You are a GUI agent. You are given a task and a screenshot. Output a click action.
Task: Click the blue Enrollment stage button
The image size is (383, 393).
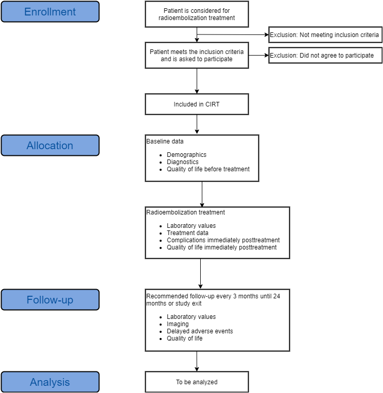50,11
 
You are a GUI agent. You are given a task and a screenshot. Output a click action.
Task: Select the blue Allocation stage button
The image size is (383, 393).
50,146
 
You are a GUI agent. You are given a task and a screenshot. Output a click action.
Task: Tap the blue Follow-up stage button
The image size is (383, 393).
50,300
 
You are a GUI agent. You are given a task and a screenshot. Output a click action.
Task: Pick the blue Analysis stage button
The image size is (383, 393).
50,382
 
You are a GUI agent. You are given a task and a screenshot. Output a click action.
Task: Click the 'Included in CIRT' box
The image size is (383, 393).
197,104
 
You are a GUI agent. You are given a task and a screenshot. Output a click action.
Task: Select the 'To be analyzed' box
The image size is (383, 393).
197,382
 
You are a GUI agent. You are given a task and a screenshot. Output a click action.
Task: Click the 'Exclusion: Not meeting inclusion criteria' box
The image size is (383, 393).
325,35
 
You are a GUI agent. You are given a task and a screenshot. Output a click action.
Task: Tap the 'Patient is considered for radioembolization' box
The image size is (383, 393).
197,14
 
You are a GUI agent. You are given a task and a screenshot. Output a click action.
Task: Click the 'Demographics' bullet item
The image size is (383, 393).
186,155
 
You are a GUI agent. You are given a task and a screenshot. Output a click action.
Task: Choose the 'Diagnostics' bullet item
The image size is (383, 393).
183,162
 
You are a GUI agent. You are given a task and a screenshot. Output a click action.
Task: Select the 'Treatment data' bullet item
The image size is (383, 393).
187,233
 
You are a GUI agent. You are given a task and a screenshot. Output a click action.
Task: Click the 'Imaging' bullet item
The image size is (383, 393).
178,324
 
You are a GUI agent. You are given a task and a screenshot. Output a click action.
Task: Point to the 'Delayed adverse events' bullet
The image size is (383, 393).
200,331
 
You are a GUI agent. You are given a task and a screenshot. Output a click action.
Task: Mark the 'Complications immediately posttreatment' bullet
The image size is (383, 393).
223,240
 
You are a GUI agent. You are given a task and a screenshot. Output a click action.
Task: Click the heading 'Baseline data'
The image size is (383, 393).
165,141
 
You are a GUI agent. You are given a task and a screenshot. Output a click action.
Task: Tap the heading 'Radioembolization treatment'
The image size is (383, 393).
186,212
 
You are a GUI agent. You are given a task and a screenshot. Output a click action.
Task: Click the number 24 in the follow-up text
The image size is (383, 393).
276,296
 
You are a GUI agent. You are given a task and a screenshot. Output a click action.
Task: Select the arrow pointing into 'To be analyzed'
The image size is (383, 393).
197,361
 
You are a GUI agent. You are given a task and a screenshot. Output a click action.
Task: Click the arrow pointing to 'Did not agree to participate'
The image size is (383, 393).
258,55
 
